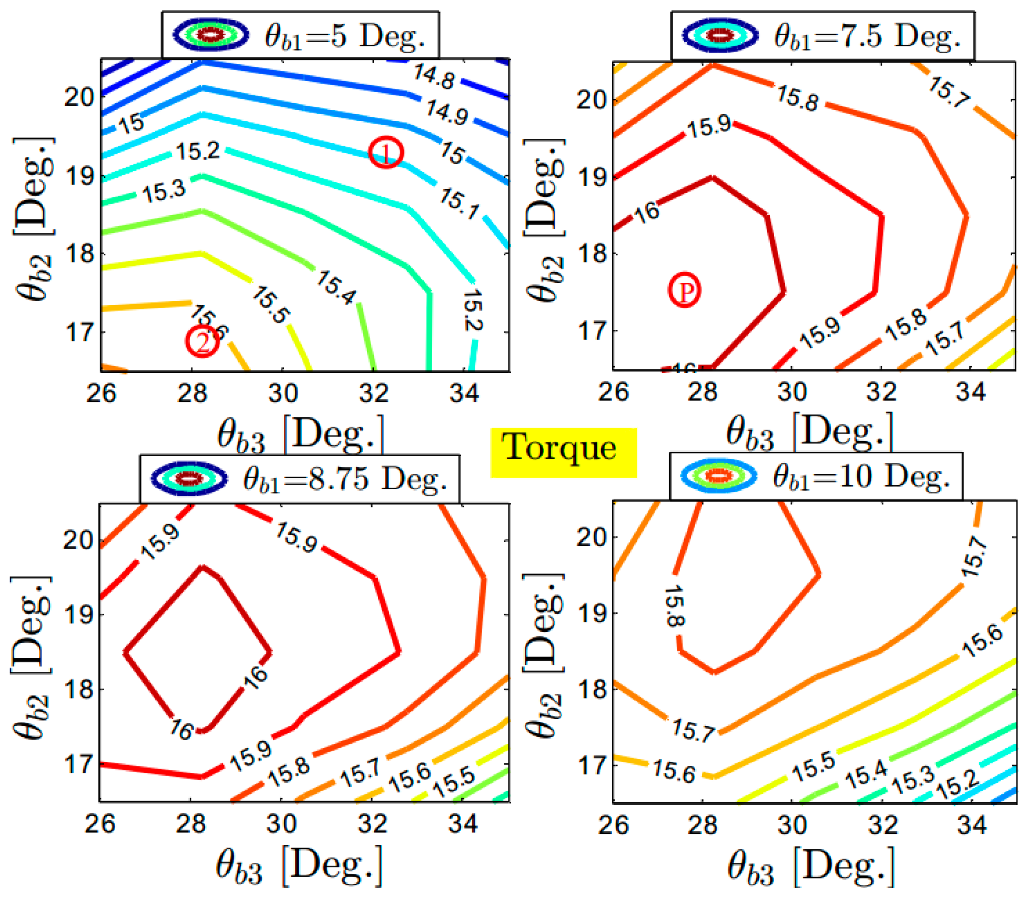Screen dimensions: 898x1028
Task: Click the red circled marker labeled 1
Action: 386,152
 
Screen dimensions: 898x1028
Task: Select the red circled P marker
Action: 684,290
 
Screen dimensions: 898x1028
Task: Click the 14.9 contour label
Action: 447,112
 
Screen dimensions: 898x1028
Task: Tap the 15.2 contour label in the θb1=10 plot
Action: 958,783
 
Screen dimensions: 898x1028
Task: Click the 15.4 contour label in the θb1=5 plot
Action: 335,287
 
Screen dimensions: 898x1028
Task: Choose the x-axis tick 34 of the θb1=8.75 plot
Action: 463,824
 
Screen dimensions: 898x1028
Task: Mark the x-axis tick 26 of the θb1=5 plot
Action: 101,392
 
